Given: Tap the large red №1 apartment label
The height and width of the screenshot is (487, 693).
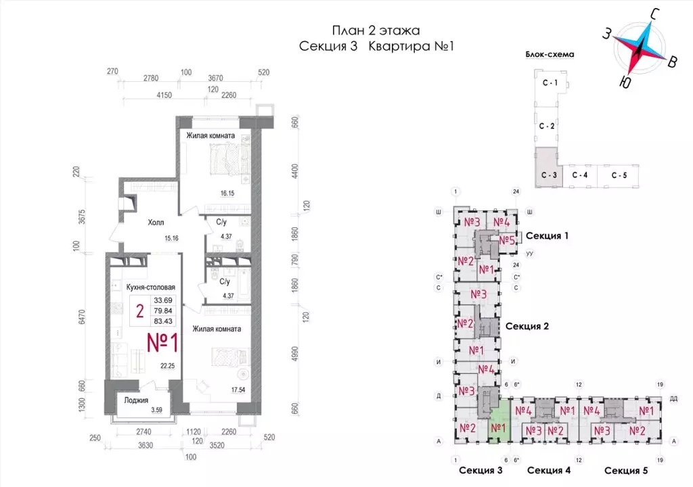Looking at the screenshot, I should point(162,343).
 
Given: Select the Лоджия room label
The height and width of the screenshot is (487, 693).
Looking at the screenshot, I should point(137,400).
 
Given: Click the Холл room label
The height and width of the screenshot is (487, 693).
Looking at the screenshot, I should point(156,222).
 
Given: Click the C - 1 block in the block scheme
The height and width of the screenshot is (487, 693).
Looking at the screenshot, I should point(549,83).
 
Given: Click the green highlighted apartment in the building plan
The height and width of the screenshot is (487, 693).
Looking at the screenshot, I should point(499,427).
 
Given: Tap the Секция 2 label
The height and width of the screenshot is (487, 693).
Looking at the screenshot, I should point(527,326).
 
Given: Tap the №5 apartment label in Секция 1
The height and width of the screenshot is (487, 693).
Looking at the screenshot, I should point(508,240).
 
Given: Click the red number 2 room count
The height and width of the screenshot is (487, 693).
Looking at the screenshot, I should point(139,311).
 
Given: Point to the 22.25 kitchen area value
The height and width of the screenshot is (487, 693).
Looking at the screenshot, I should point(166,366).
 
